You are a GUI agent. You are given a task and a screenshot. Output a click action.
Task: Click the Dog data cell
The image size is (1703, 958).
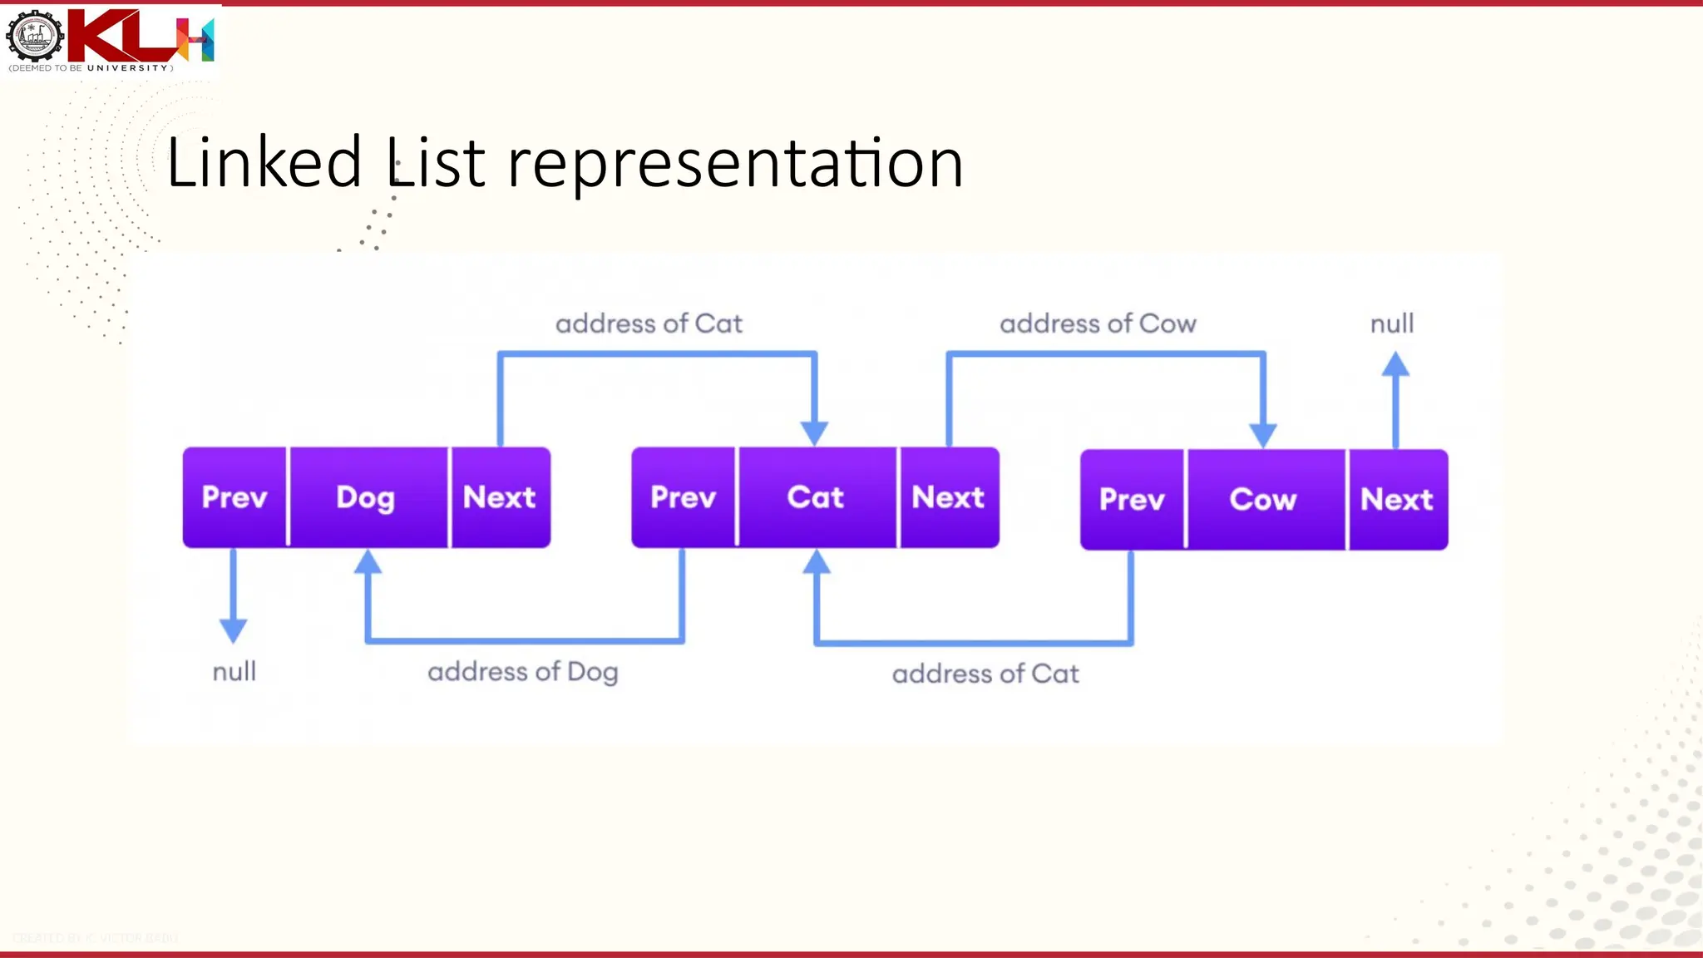pyautogui.click(x=367, y=497)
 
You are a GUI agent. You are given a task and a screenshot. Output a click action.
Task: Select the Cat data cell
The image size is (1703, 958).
pyautogui.click(x=816, y=497)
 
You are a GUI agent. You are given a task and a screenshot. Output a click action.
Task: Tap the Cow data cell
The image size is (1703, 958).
pyautogui.click(x=1264, y=499)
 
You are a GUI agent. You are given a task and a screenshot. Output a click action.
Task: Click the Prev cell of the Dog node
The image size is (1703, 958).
pyautogui.click(x=234, y=497)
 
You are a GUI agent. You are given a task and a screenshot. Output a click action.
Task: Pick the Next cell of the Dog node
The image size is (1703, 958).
pyautogui.click(x=500, y=497)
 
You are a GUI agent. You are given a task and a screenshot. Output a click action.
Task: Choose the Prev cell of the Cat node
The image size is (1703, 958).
pyautogui.click(x=683, y=497)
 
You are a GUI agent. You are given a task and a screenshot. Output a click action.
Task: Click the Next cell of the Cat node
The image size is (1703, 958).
pyautogui.click(x=949, y=497)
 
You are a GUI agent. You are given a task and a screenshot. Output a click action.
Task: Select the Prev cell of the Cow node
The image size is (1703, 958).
pyautogui.click(x=1132, y=499)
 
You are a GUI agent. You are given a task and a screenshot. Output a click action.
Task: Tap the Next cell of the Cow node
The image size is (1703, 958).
pyautogui.click(x=1397, y=499)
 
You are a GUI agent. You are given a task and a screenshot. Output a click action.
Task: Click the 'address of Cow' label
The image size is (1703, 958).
pyautogui.click(x=1098, y=323)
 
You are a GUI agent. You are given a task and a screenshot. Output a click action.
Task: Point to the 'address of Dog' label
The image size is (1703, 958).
pyautogui.click(x=523, y=672)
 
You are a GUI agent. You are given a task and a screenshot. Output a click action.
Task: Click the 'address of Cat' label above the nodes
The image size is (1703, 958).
pyautogui.click(x=649, y=323)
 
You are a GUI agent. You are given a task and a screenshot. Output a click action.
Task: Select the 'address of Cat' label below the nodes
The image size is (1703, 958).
pyautogui.click(x=985, y=674)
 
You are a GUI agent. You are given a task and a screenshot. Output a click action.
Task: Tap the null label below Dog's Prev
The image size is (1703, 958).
pyautogui.click(x=234, y=672)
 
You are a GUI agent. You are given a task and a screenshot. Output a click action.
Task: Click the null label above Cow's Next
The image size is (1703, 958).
pyautogui.click(x=1392, y=323)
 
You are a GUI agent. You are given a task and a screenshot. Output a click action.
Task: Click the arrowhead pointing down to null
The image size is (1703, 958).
pyautogui.click(x=234, y=630)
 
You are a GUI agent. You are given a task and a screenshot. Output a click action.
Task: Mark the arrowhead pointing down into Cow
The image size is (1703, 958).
pyautogui.click(x=1263, y=435)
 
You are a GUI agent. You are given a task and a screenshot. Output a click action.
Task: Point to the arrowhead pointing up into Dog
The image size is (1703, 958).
pyautogui.click(x=368, y=563)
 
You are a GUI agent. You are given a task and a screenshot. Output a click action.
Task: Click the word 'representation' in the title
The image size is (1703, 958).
pyautogui.click(x=735, y=163)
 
